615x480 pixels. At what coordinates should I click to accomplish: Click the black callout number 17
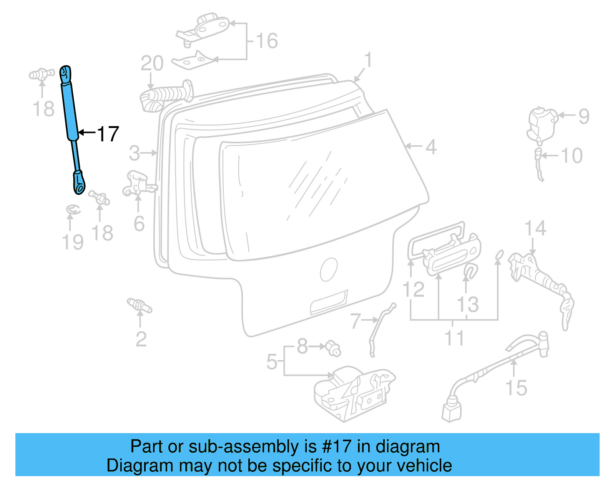108,134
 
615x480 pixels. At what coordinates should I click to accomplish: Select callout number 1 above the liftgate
368,61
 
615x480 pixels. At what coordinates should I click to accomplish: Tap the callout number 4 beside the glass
431,147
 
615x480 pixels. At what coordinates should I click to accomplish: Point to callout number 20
152,63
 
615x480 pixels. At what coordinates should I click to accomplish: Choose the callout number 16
267,41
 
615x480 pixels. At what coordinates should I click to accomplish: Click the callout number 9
583,116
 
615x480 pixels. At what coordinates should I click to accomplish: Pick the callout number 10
572,156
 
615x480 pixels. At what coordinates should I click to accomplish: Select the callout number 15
516,388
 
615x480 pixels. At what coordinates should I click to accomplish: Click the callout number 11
454,338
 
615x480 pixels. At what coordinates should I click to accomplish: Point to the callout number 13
467,304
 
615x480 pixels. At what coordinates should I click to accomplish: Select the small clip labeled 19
73,210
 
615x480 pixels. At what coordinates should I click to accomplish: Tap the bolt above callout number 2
139,305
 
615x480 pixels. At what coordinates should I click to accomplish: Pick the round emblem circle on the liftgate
329,269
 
